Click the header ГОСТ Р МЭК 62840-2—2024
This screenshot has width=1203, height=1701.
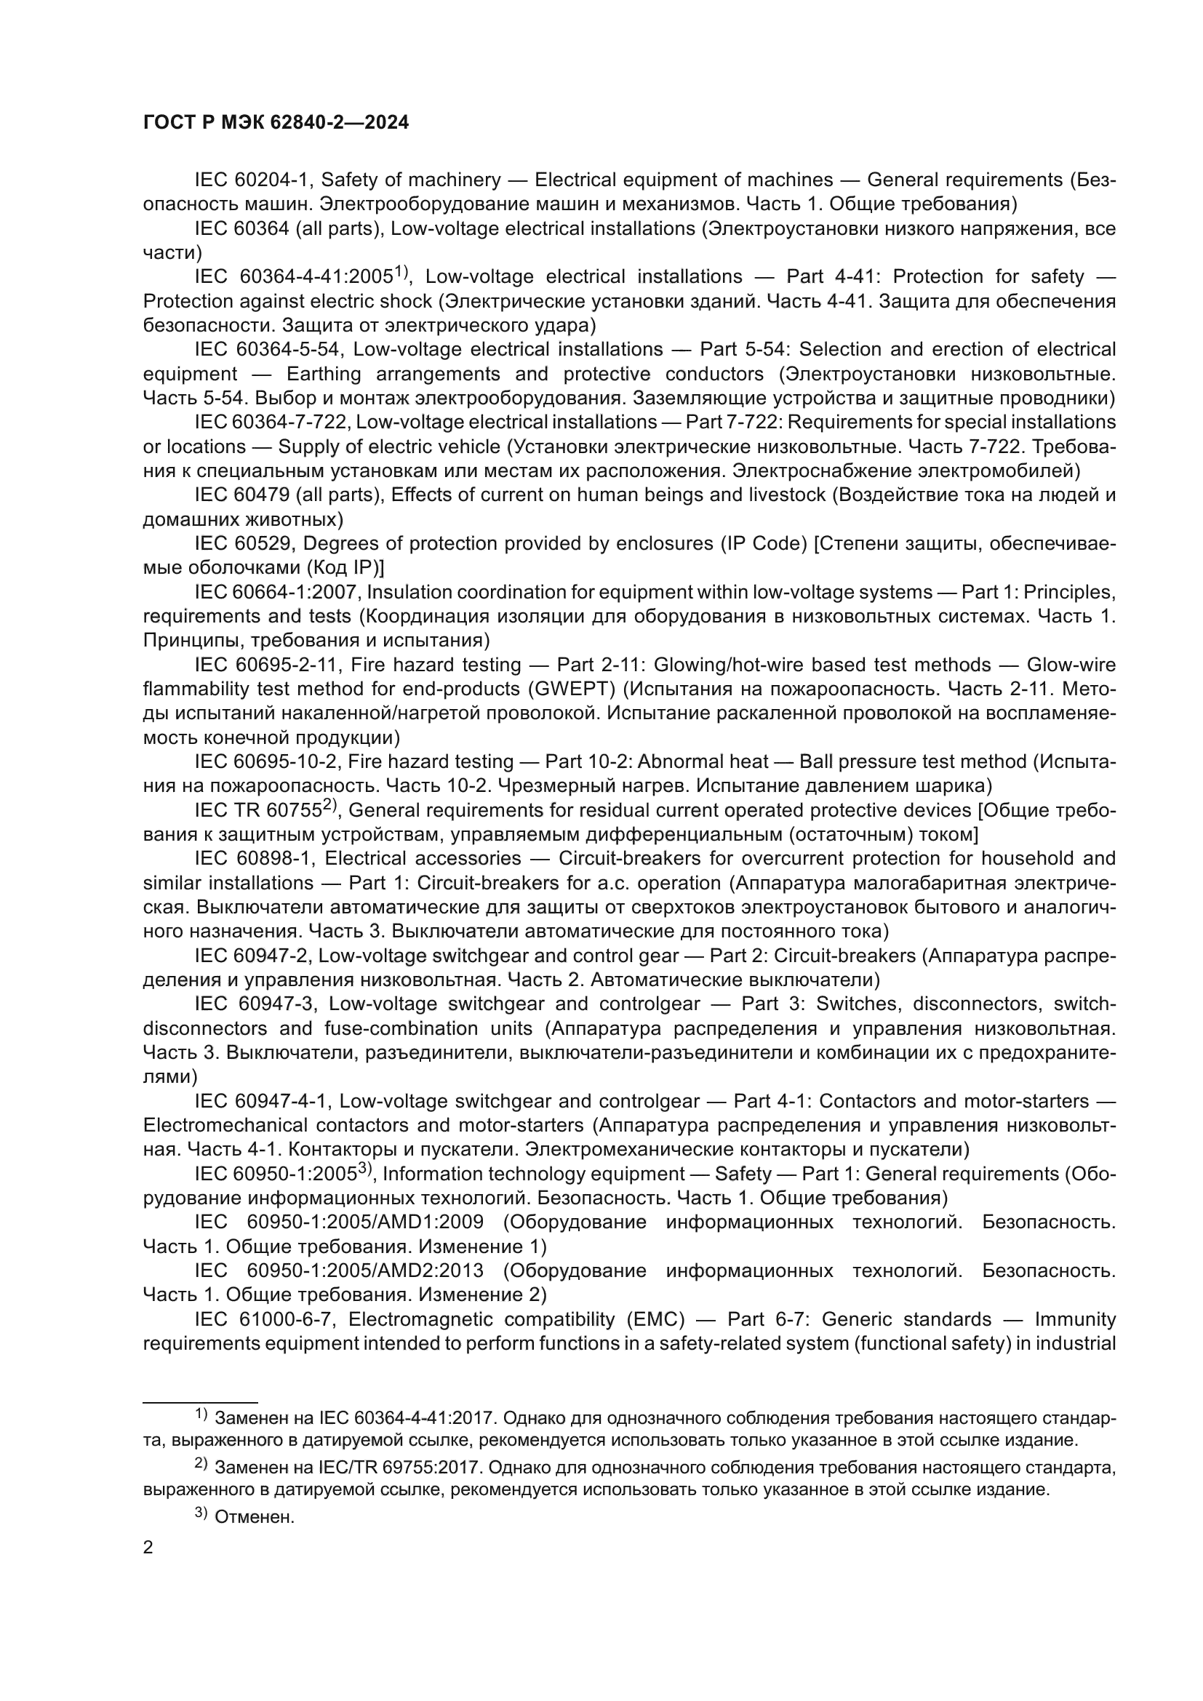[276, 123]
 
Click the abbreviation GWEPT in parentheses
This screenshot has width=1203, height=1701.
[571, 689]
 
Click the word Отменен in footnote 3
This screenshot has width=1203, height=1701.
[254, 1518]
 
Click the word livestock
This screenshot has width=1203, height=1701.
[788, 495]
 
